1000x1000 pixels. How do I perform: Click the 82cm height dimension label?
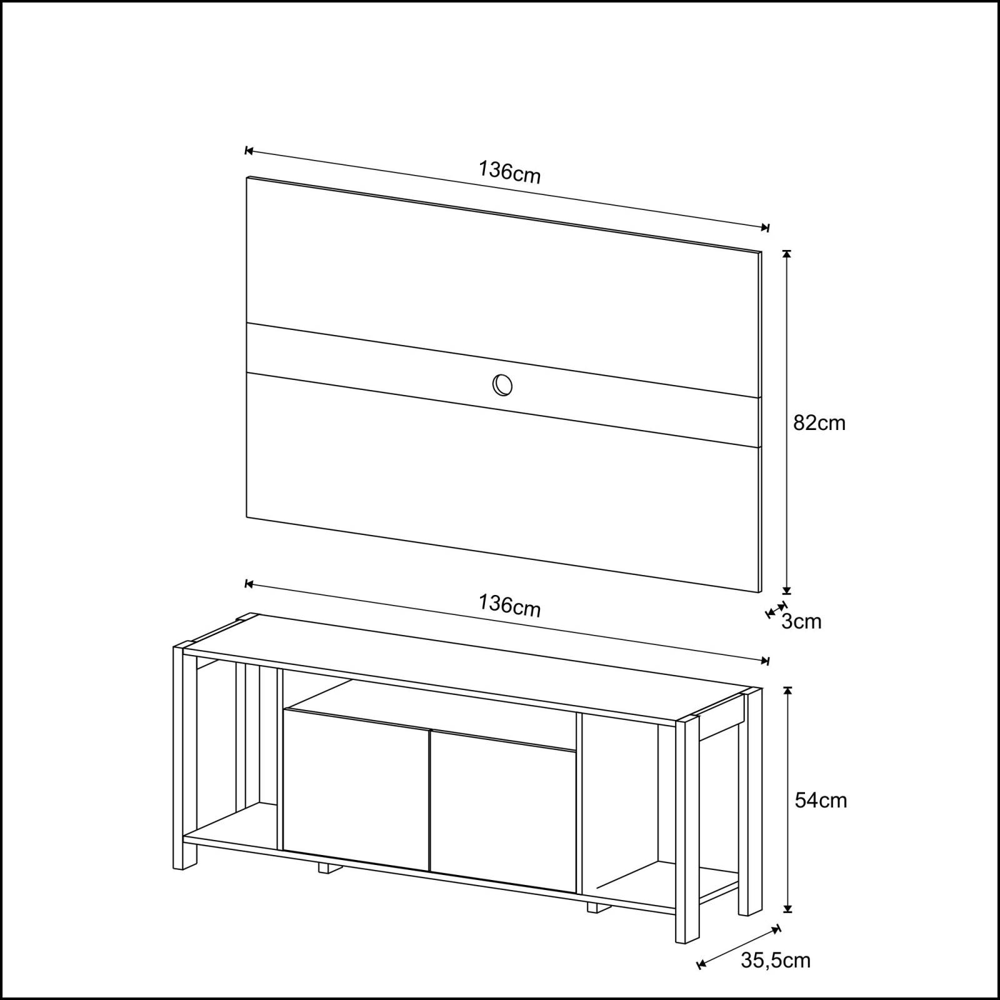tap(819, 423)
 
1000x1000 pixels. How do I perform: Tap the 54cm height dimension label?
tap(821, 800)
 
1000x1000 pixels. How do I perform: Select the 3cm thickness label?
tap(801, 621)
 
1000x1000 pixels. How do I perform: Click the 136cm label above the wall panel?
tap(509, 172)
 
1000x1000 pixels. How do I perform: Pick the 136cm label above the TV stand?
tap(509, 606)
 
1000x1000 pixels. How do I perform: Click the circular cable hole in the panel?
tap(502, 385)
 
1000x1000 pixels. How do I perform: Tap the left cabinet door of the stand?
tap(356, 791)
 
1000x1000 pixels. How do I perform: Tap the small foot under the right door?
tap(596, 907)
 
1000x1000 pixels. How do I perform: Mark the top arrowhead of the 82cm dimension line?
tap(787, 254)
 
